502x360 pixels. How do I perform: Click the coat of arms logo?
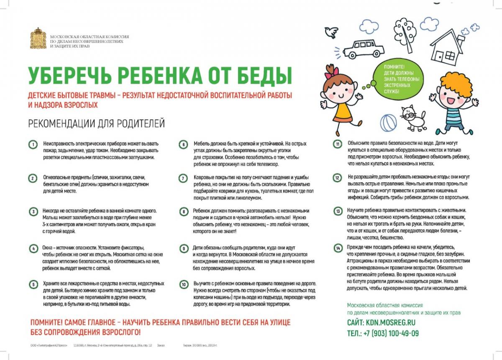[38, 38]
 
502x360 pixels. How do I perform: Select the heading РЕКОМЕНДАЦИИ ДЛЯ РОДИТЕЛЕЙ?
[96, 124]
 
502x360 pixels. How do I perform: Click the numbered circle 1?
[33, 145]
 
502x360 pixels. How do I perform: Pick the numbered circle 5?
[33, 285]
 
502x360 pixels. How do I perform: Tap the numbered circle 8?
[183, 212]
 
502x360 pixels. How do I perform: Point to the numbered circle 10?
[183, 285]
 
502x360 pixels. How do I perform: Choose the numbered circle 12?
[338, 178]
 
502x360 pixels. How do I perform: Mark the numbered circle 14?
[338, 248]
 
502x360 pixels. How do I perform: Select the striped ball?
[389, 123]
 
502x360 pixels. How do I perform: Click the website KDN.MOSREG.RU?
[393, 323]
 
